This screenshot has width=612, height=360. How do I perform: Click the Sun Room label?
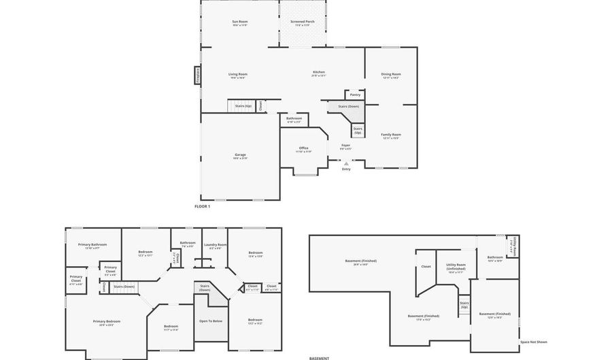click(240, 22)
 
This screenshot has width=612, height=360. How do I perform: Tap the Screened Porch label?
click(303, 22)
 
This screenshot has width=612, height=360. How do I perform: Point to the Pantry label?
click(355, 95)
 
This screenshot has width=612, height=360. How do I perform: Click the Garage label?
click(240, 154)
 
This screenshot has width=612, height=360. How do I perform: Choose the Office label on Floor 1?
click(303, 148)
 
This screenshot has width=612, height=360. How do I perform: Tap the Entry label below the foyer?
click(346, 169)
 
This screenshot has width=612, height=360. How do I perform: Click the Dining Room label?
click(390, 74)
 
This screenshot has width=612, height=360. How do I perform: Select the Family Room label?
click(390, 135)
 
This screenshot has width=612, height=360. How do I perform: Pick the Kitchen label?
click(318, 72)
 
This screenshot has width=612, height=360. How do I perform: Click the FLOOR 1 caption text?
click(202, 206)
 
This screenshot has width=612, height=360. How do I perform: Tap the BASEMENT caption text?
click(319, 358)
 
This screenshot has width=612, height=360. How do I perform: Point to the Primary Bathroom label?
click(92, 244)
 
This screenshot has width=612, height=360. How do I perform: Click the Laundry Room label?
click(215, 244)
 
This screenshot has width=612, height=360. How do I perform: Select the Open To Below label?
click(210, 321)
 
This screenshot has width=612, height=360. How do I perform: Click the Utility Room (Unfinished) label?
click(456, 266)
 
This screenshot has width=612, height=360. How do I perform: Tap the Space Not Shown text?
click(533, 342)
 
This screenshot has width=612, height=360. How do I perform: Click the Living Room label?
click(237, 74)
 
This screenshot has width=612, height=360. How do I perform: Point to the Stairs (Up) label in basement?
click(464, 305)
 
